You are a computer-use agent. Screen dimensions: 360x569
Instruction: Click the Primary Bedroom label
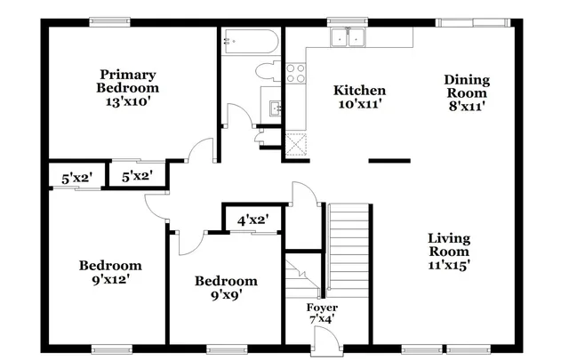pyautogui.click(x=128, y=81)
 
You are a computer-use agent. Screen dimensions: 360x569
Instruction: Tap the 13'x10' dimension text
pyautogui.click(x=128, y=101)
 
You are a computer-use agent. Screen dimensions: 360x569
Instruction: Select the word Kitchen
pyautogui.click(x=359, y=91)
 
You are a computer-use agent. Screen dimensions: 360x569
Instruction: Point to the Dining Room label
pyautogui.click(x=466, y=86)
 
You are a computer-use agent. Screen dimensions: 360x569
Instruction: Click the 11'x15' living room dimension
pyautogui.click(x=448, y=264)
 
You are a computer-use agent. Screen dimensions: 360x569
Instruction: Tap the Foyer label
pyautogui.click(x=321, y=308)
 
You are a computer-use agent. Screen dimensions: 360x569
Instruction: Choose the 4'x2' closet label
pyautogui.click(x=252, y=219)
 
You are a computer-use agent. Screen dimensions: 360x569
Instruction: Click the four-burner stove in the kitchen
pyautogui.click(x=295, y=73)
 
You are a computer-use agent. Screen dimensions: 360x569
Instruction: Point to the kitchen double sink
pyautogui.click(x=349, y=38)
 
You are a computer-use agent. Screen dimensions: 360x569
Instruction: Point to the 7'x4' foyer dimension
pyautogui.click(x=321, y=319)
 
